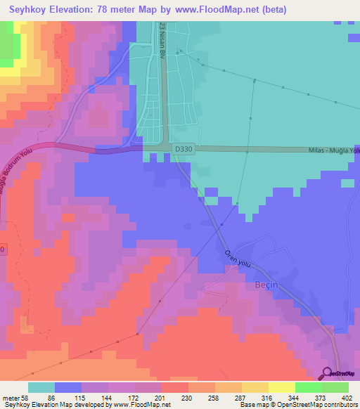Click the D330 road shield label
click(183, 149)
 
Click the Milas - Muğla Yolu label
click(334, 150)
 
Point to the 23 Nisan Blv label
click(162, 40)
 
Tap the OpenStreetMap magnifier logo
click(327, 372)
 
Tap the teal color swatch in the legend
click(41, 387)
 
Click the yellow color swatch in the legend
click(281, 387)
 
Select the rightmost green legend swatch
click(335, 387)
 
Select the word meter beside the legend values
click(11, 398)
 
